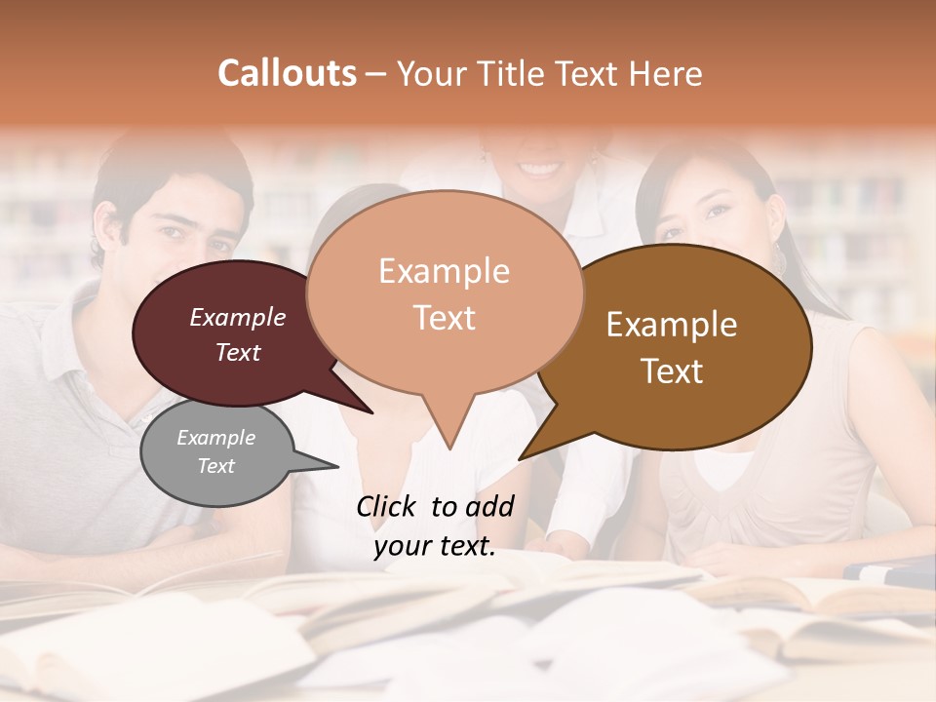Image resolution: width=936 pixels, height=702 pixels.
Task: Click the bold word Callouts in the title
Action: click(287, 73)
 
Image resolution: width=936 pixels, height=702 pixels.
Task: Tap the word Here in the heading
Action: click(667, 73)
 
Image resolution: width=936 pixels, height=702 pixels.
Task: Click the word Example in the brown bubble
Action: click(672, 325)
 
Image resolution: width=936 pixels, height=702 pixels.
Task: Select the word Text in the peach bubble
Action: click(445, 318)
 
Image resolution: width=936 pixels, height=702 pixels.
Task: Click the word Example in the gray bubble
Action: click(215, 438)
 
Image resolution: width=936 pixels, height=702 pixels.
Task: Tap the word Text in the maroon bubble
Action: click(238, 353)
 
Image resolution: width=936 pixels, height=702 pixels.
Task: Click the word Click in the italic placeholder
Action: click(389, 506)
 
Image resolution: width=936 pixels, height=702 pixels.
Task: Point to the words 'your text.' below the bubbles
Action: click(434, 547)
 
